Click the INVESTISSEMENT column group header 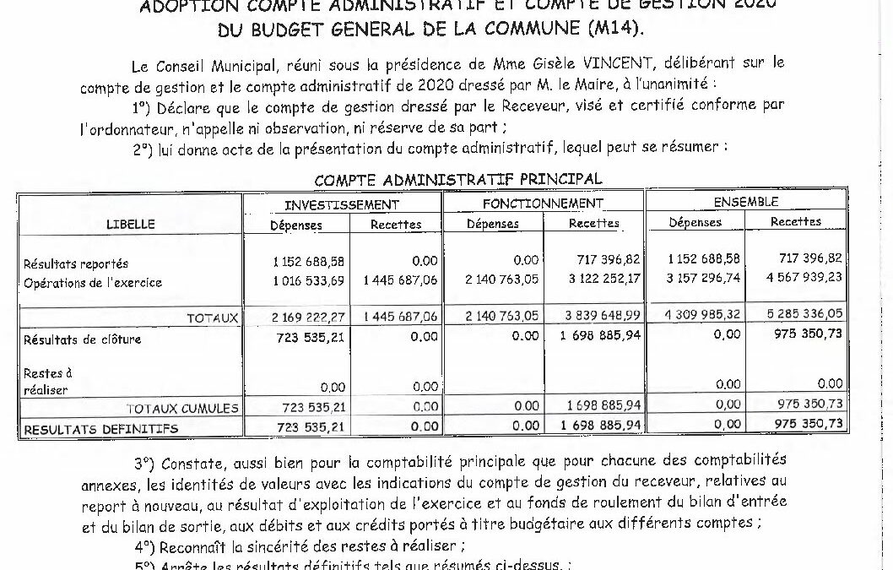341,204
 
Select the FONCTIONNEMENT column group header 543,204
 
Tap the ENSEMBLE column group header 746,203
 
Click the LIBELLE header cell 130,224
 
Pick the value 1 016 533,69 308,281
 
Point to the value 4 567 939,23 806,277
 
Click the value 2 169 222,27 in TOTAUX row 308,318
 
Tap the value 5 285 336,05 806,313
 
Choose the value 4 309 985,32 703,315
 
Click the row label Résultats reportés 76,264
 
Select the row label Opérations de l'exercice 93,282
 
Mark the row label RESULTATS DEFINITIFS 100,429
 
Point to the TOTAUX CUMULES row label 182,409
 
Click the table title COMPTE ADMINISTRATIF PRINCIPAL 457,180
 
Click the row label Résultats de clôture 82,339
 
